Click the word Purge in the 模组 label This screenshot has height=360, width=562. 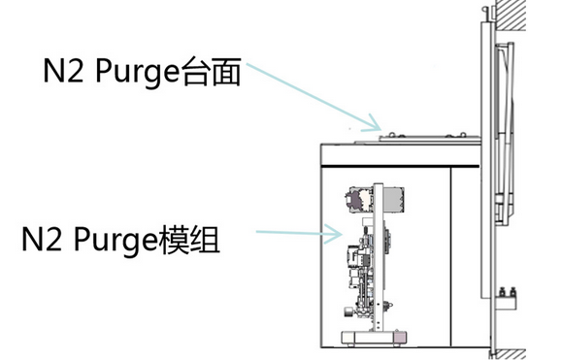pyautogui.click(x=116, y=241)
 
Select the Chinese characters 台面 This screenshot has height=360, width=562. pyautogui.click(x=211, y=71)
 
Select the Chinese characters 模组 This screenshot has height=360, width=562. pyautogui.click(x=189, y=239)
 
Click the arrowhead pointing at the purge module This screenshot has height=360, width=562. pyautogui.click(x=334, y=234)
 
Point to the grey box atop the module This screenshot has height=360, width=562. pyautogui.click(x=393, y=199)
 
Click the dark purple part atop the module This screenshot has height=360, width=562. pyautogui.click(x=356, y=200)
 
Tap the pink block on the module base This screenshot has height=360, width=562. pyautogui.click(x=401, y=337)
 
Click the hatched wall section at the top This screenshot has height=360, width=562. pyautogui.click(x=510, y=16)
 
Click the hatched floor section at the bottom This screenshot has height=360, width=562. pyautogui.click(x=509, y=354)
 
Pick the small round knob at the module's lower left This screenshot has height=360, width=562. pyautogui.click(x=347, y=311)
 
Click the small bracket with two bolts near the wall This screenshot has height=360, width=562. pyautogui.click(x=508, y=299)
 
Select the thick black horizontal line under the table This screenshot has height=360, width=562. pyautogui.click(x=400, y=166)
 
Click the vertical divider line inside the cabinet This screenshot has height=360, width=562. pyautogui.click(x=451, y=257)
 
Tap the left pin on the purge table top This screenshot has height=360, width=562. pyautogui.click(x=393, y=135)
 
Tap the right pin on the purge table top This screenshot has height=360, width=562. pyautogui.click(x=463, y=135)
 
